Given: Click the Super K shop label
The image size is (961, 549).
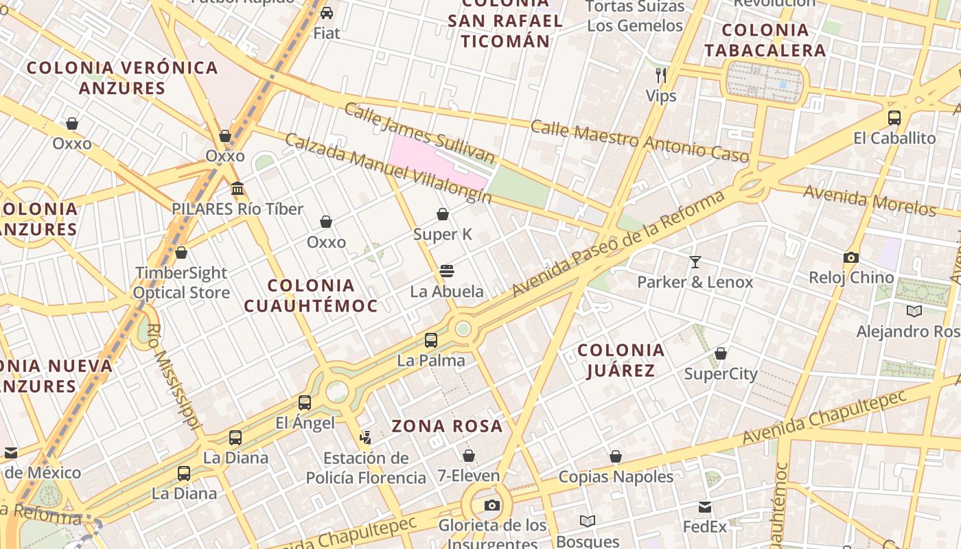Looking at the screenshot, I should [443, 235].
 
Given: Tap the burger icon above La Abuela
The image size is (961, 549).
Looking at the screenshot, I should [447, 271].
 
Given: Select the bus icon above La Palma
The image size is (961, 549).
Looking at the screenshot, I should [431, 340].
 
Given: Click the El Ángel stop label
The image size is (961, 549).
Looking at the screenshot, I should [305, 423].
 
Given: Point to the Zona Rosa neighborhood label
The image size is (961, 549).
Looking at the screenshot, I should [447, 426].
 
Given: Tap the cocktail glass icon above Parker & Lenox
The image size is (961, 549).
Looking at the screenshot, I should [695, 261].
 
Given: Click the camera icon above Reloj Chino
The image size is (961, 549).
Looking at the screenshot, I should [851, 258].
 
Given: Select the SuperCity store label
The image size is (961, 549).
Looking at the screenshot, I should [721, 374].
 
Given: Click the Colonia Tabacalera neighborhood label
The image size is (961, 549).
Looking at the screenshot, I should [765, 40].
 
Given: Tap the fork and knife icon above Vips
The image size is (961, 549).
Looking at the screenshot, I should [661, 75].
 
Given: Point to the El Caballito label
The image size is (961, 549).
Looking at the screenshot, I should [894, 138].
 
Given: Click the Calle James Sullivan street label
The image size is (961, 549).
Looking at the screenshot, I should [419, 132].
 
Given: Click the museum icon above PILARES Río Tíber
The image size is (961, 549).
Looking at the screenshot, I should [238, 188].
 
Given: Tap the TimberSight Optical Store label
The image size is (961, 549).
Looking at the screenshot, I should [182, 283].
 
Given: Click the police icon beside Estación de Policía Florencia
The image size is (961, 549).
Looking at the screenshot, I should [366, 437].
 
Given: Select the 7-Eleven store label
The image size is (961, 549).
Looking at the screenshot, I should [469, 476].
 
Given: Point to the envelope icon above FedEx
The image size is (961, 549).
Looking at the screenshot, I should [705, 507].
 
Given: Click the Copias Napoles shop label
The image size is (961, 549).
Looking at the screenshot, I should [616, 476].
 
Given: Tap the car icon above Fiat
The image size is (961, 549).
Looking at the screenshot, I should [327, 12].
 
